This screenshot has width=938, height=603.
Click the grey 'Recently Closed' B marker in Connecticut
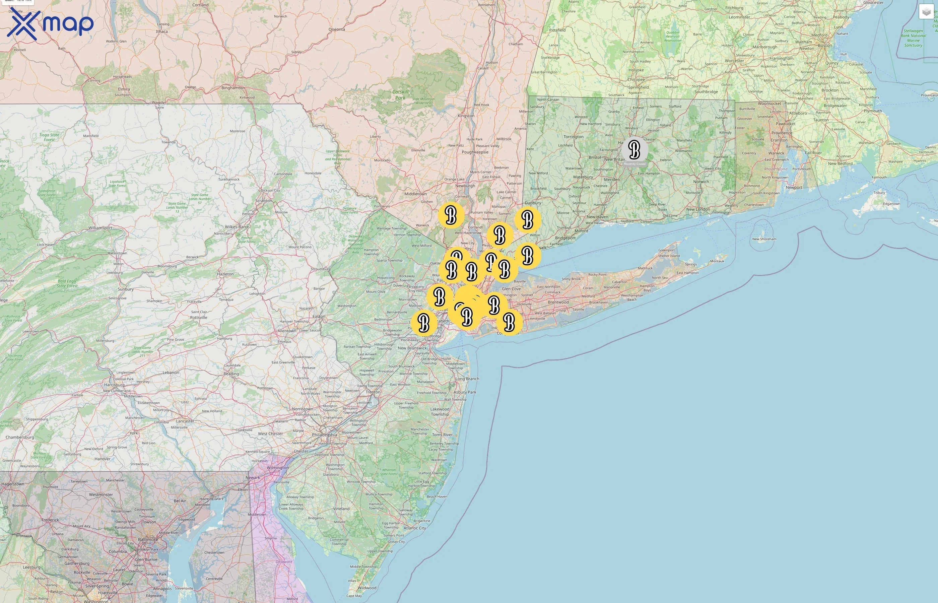pyautogui.click(x=634, y=150)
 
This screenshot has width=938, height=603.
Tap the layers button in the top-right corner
pyautogui.click(x=926, y=12)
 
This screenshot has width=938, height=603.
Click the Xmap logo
pyautogui.click(x=50, y=23)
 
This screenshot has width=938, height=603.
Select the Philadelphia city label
pyautogui.click(x=324, y=434)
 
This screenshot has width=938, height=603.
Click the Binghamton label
pyautogui.click(x=233, y=88)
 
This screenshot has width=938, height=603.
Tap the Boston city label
pyautogui.click(x=824, y=46)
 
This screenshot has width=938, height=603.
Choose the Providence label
pyautogui.click(x=782, y=133)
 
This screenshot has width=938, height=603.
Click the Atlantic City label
pyautogui.click(x=415, y=528)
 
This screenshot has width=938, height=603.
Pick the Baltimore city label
pyautogui.click(x=148, y=539)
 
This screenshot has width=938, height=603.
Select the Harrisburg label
pyautogui.click(x=114, y=385)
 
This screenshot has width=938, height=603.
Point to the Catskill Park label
pyautogui.click(x=400, y=94)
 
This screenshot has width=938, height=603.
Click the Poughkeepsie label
pyautogui.click(x=475, y=152)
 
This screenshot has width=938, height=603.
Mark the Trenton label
pyautogui.click(x=373, y=392)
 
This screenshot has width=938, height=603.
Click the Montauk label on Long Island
pyautogui.click(x=717, y=261)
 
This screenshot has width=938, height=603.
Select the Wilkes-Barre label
pyautogui.click(x=237, y=227)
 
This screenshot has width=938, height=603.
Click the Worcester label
pyautogui.click(x=734, y=61)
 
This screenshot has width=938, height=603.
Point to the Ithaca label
pyautogui.click(x=162, y=32)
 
